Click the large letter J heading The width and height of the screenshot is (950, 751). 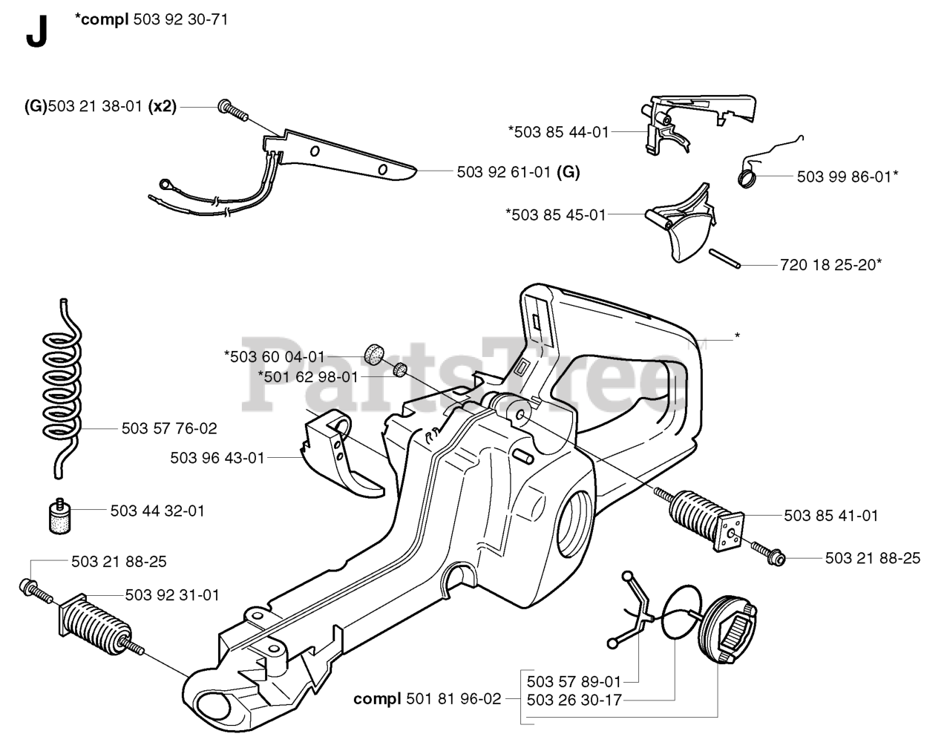coord(36,32)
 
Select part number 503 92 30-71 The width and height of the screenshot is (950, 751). coord(180,19)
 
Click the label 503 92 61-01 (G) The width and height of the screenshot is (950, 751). coord(518,172)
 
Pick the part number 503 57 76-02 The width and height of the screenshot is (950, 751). coord(169,429)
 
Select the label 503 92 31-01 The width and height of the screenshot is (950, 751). coord(172,594)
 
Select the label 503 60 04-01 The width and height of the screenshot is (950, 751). coord(275,356)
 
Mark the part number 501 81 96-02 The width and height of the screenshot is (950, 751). coord(453,698)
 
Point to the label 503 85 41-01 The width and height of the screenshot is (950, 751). coord(831,516)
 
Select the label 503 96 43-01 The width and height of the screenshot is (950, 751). coord(217,459)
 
